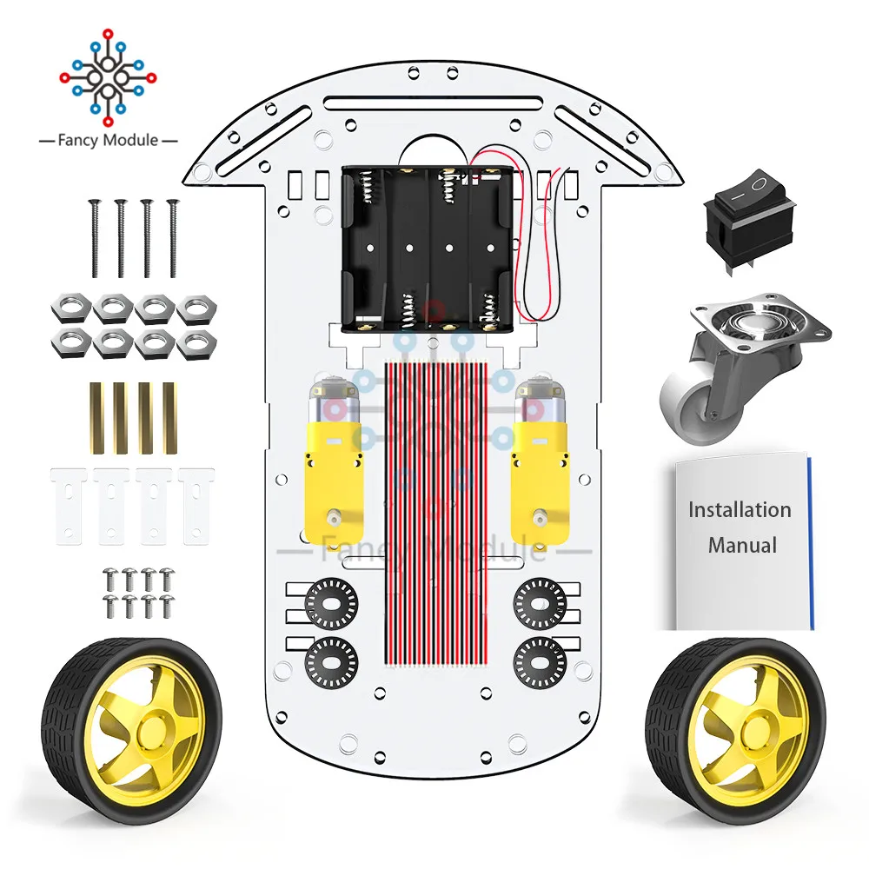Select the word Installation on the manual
coord(740,509)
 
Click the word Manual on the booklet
coord(741,546)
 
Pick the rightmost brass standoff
coord(169,417)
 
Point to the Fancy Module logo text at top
coord(109,139)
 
